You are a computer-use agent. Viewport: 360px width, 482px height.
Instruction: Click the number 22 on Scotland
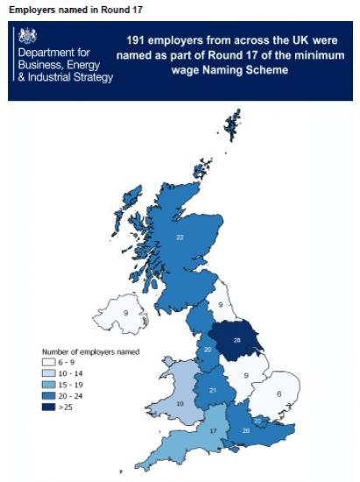(180, 237)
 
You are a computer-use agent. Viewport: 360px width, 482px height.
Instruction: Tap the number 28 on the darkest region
(236, 339)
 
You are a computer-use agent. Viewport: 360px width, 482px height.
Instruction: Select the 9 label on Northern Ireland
(125, 313)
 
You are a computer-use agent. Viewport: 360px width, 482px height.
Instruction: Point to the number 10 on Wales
(180, 403)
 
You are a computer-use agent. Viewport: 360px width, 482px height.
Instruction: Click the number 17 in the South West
(212, 431)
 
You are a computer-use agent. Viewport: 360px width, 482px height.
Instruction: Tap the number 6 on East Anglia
(278, 394)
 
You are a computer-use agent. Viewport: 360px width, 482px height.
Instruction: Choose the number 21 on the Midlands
(214, 390)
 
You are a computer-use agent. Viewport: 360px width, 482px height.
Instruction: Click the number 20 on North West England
(208, 351)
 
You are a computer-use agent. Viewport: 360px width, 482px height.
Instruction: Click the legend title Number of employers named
(90, 351)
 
